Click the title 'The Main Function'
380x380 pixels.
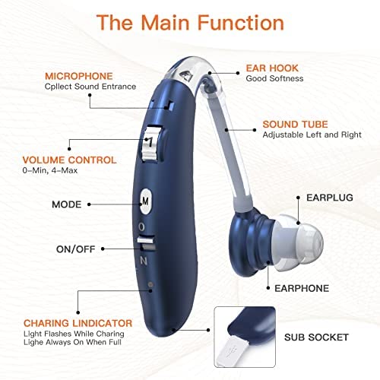(x=190, y=23)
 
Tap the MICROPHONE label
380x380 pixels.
(x=79, y=76)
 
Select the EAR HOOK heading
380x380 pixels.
(x=272, y=68)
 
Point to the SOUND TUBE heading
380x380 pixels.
(x=295, y=124)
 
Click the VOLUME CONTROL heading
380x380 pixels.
(x=69, y=160)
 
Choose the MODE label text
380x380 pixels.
(x=67, y=204)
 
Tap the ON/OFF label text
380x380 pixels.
(x=76, y=249)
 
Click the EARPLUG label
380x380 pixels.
(x=330, y=198)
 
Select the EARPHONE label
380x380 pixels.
(x=302, y=288)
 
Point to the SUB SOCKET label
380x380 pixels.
(x=316, y=337)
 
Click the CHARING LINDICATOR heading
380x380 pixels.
(x=78, y=323)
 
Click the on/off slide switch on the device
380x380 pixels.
(x=146, y=243)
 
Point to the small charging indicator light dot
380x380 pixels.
(x=150, y=284)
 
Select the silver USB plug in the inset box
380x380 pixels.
(x=231, y=350)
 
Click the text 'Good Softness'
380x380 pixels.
(x=274, y=78)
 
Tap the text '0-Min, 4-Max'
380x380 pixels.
(x=50, y=170)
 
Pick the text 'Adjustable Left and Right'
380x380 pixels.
(x=312, y=135)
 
